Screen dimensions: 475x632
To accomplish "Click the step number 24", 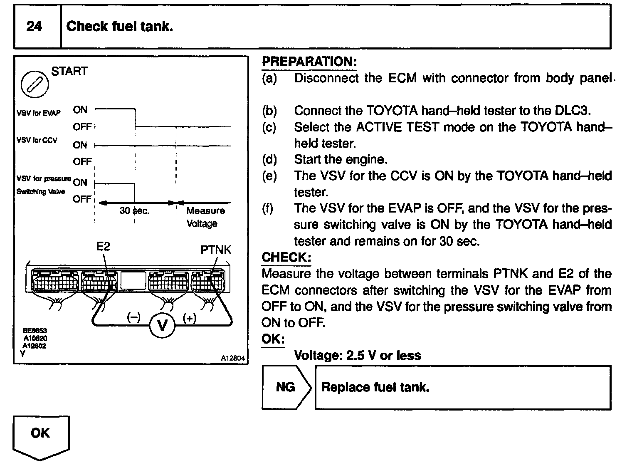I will (34, 27).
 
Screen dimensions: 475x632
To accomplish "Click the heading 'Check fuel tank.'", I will (119, 27).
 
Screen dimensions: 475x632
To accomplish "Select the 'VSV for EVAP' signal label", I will (38, 113).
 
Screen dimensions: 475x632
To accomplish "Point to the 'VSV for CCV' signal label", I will (37, 140).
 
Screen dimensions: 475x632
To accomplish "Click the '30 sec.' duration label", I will (134, 211).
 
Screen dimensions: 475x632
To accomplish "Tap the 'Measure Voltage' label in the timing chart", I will (205, 217).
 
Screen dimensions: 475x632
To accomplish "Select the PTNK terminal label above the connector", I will (215, 250).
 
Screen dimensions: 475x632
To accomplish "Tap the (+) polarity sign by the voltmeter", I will (189, 318).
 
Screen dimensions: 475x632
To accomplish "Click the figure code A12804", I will (233, 358).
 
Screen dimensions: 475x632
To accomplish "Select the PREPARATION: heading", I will (309, 62).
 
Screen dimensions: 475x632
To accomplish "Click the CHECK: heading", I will (286, 257).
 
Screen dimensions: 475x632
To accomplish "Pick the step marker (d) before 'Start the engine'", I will (269, 159).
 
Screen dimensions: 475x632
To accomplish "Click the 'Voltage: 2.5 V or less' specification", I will (357, 355).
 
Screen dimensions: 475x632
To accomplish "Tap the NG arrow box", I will (286, 387).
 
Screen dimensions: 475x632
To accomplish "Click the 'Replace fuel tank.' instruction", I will (375, 387).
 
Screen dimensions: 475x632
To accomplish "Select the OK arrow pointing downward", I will (41, 437).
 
